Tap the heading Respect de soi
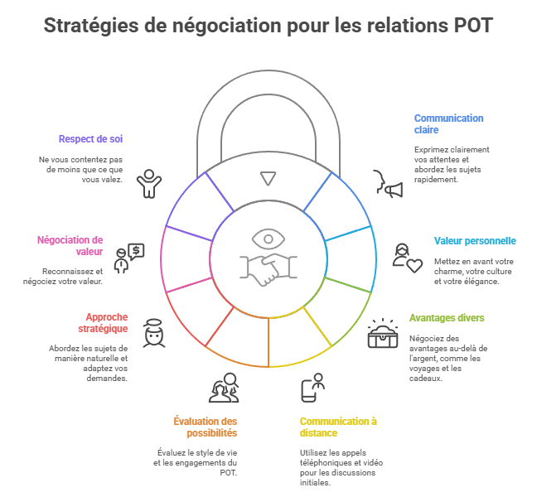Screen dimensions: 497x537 point(91,138)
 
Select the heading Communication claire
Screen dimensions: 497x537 point(448,123)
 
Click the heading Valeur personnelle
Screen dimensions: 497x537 point(475,241)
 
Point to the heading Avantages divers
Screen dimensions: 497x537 point(447,317)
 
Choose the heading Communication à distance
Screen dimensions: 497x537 point(338,427)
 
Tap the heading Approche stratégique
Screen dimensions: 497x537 point(107,322)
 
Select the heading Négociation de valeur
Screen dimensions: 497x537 point(70,245)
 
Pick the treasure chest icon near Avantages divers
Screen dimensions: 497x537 point(383,334)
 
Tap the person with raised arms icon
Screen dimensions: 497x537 point(149,183)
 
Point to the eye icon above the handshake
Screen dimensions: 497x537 point(268,239)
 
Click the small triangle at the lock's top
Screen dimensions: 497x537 point(267,177)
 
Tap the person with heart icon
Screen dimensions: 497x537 point(407,258)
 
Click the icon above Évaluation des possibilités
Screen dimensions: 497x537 point(224,388)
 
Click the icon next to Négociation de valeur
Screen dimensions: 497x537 point(128,258)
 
